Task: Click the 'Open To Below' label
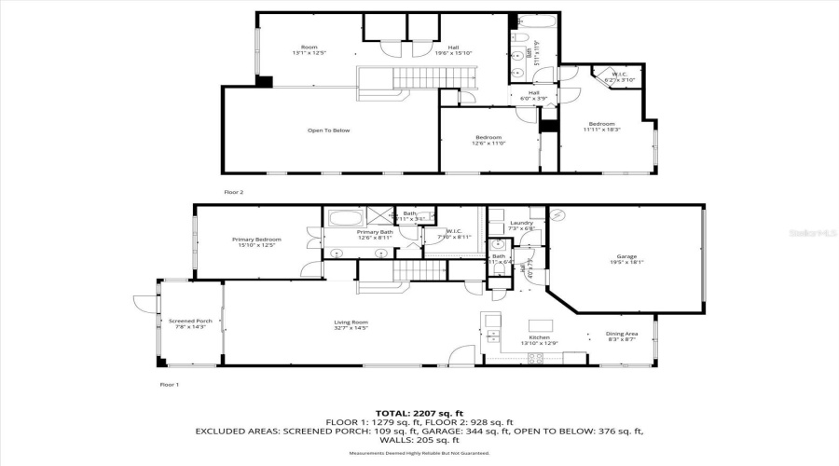(x=329, y=130)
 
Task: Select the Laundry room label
(x=522, y=225)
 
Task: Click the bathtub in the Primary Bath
(x=346, y=220)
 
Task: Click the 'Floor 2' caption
(x=233, y=191)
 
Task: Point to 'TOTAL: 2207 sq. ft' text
(x=419, y=412)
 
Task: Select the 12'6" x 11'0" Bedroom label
(x=488, y=140)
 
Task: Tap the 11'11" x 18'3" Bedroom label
(x=601, y=127)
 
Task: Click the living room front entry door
(x=460, y=356)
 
